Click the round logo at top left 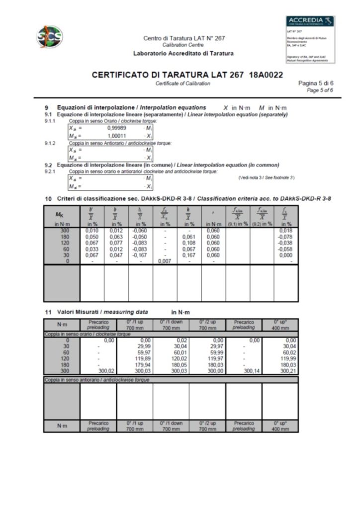[x=50, y=37]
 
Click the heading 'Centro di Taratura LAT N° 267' [x=184, y=38]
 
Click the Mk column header [x=62, y=216]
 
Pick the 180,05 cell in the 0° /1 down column [x=171, y=364]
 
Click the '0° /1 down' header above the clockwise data [x=171, y=324]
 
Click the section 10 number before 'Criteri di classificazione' [x=49, y=199]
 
